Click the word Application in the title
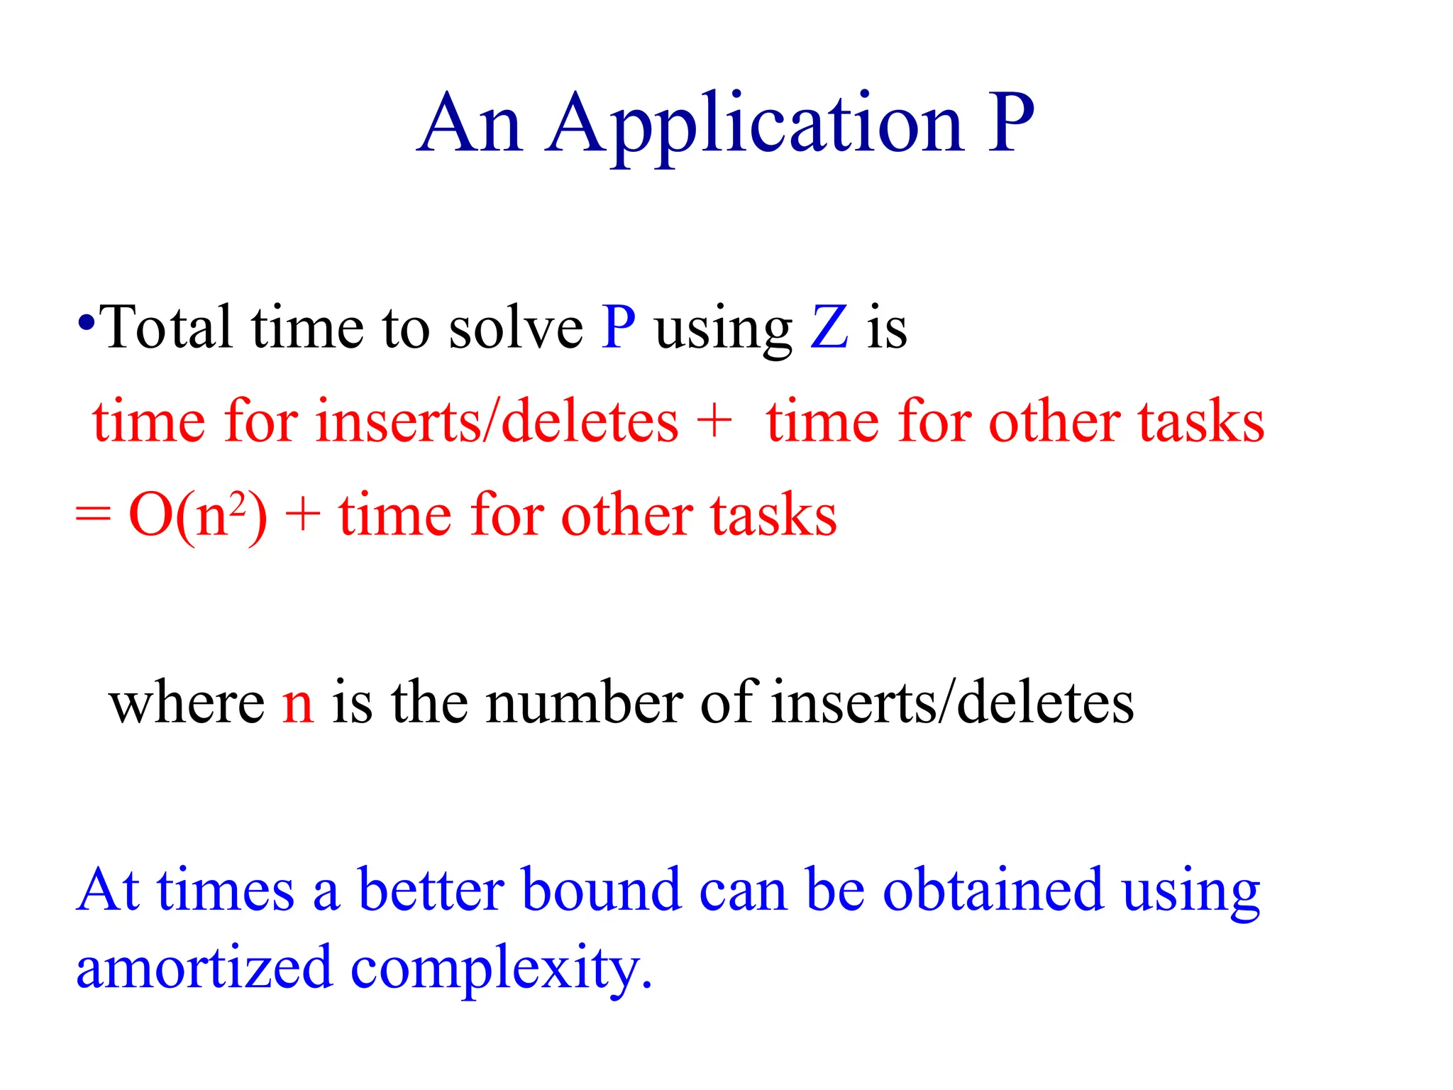(756, 126)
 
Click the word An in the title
(470, 125)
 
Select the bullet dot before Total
(86, 324)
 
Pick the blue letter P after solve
(618, 327)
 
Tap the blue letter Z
(829, 327)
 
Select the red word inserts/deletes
(497, 422)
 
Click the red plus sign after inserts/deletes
(714, 420)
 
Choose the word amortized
(204, 969)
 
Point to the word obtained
(993, 890)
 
